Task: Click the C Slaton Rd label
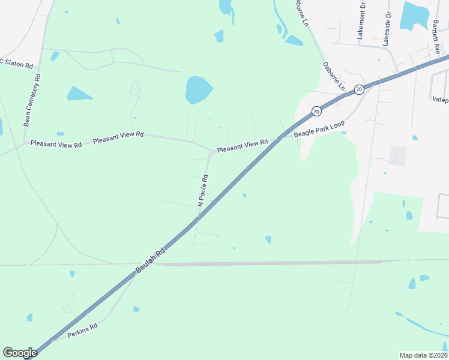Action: pyautogui.click(x=16, y=64)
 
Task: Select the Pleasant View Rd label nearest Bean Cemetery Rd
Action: pyautogui.click(x=56, y=144)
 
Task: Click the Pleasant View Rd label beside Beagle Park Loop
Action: pyautogui.click(x=242, y=145)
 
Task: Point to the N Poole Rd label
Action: pyautogui.click(x=203, y=190)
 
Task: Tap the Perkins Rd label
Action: pyautogui.click(x=82, y=331)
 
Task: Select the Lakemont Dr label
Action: pyautogui.click(x=361, y=21)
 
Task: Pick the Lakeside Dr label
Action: pyautogui.click(x=387, y=28)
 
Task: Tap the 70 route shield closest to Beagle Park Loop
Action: pyautogui.click(x=316, y=111)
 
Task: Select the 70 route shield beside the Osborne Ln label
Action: pyautogui.click(x=358, y=89)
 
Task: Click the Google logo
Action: pyautogui.click(x=20, y=353)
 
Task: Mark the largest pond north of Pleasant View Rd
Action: pyautogui.click(x=199, y=89)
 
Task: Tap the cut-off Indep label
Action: pyautogui.click(x=440, y=100)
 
